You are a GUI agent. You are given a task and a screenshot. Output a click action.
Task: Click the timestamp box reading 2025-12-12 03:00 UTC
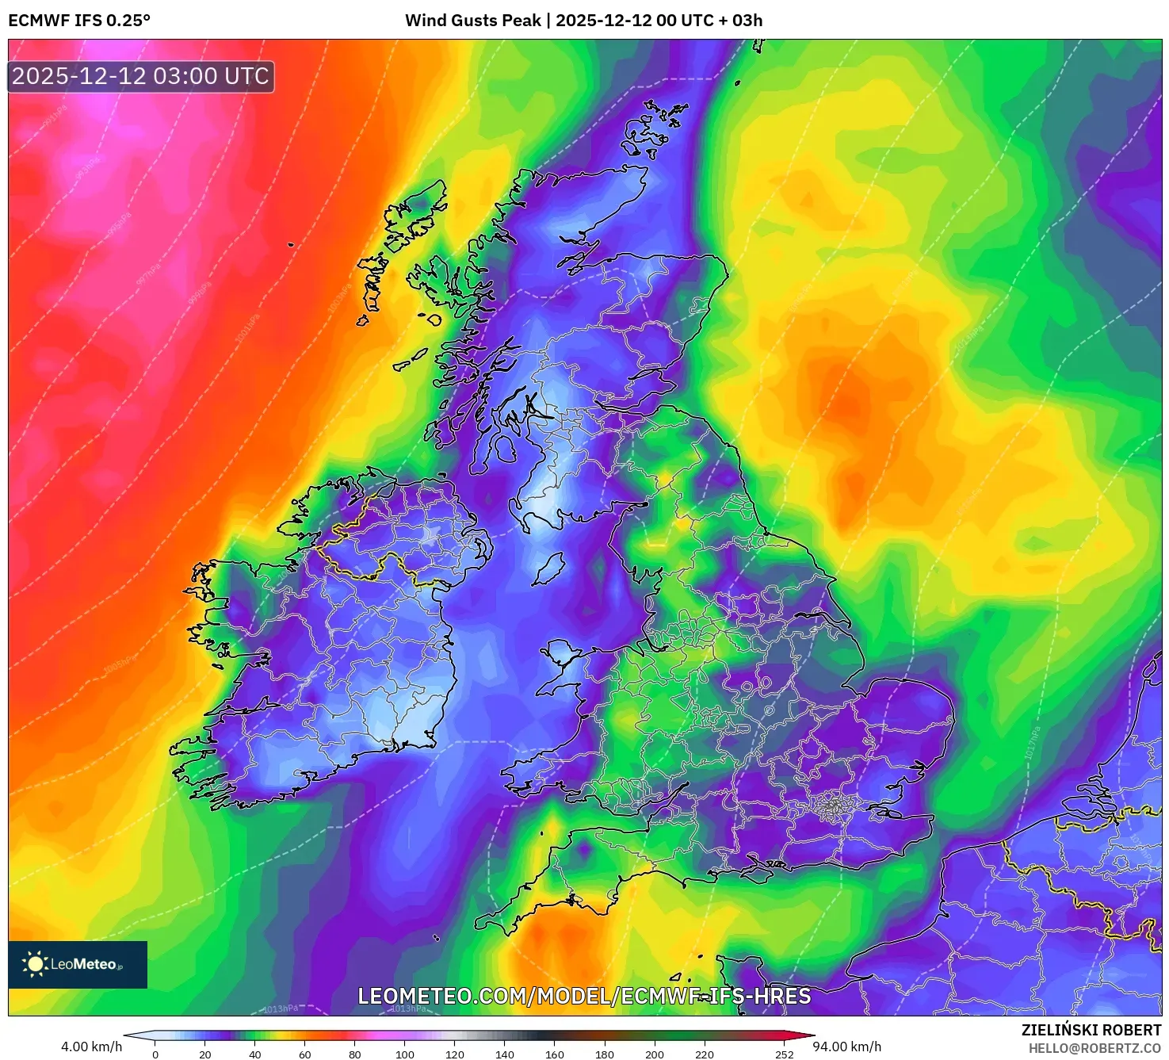pos(141,77)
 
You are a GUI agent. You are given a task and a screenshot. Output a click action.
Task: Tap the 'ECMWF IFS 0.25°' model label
pos(79,21)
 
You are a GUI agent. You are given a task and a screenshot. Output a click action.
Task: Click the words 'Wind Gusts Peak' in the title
pos(473,21)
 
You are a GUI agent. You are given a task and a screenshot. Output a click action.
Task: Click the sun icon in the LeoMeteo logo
pos(36,964)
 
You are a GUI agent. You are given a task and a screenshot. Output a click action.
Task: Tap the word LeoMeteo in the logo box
pos(84,965)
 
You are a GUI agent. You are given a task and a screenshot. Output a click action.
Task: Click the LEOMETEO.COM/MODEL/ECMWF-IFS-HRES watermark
pos(584,997)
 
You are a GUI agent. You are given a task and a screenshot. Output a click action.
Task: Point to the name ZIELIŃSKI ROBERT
pos(1091,1030)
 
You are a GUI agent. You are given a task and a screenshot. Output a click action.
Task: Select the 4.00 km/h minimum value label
pos(92,1047)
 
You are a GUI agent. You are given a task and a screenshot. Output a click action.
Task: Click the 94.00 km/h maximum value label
pos(847,1047)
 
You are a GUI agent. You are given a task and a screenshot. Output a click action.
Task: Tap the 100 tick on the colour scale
pos(405,1054)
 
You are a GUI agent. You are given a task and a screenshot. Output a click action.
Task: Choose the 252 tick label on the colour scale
pos(785,1054)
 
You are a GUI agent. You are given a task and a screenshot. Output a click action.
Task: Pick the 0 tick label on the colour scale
pos(155,1054)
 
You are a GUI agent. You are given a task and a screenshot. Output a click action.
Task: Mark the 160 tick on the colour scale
pos(555,1054)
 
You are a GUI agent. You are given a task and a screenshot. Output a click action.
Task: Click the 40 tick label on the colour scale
pos(255,1054)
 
